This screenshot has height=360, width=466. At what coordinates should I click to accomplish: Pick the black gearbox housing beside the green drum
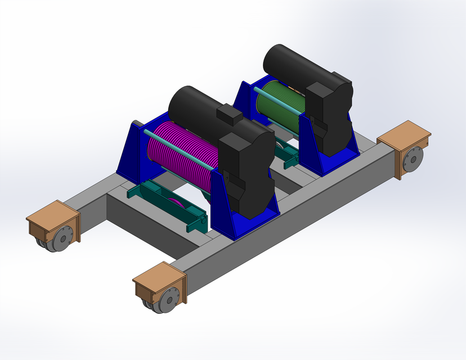pos(332,115)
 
